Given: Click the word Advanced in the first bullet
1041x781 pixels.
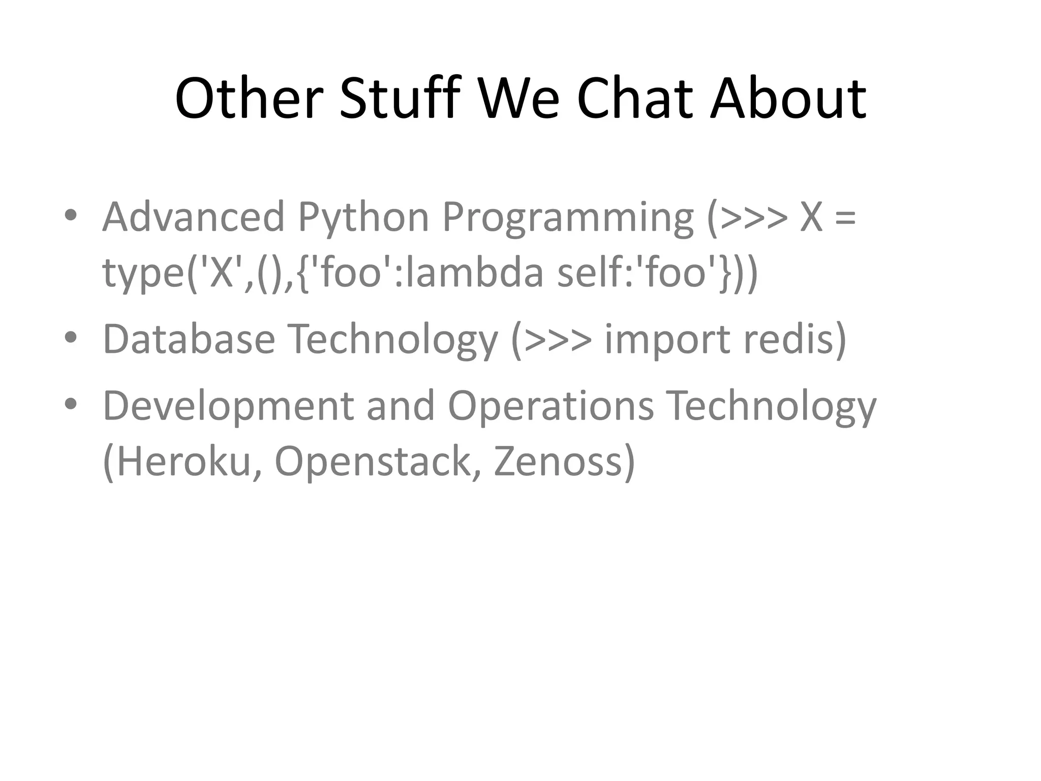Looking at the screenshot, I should (193, 217).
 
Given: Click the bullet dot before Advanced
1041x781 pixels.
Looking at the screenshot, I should (71, 215).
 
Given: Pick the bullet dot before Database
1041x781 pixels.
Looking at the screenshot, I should (71, 337).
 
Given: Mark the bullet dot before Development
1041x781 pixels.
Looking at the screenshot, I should (71, 403).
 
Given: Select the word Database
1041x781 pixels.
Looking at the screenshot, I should (189, 339).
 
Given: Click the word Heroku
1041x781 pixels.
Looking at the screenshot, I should (183, 461).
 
